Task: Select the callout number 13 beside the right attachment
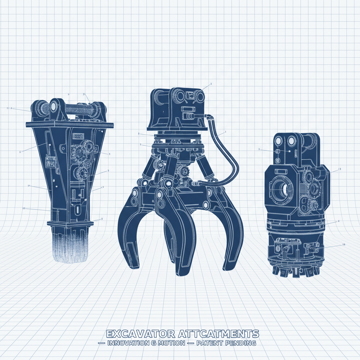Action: coord(339,169)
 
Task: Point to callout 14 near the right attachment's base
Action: coord(343,245)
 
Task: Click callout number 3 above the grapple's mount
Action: coord(211,84)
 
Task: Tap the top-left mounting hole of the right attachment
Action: coord(279,141)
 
